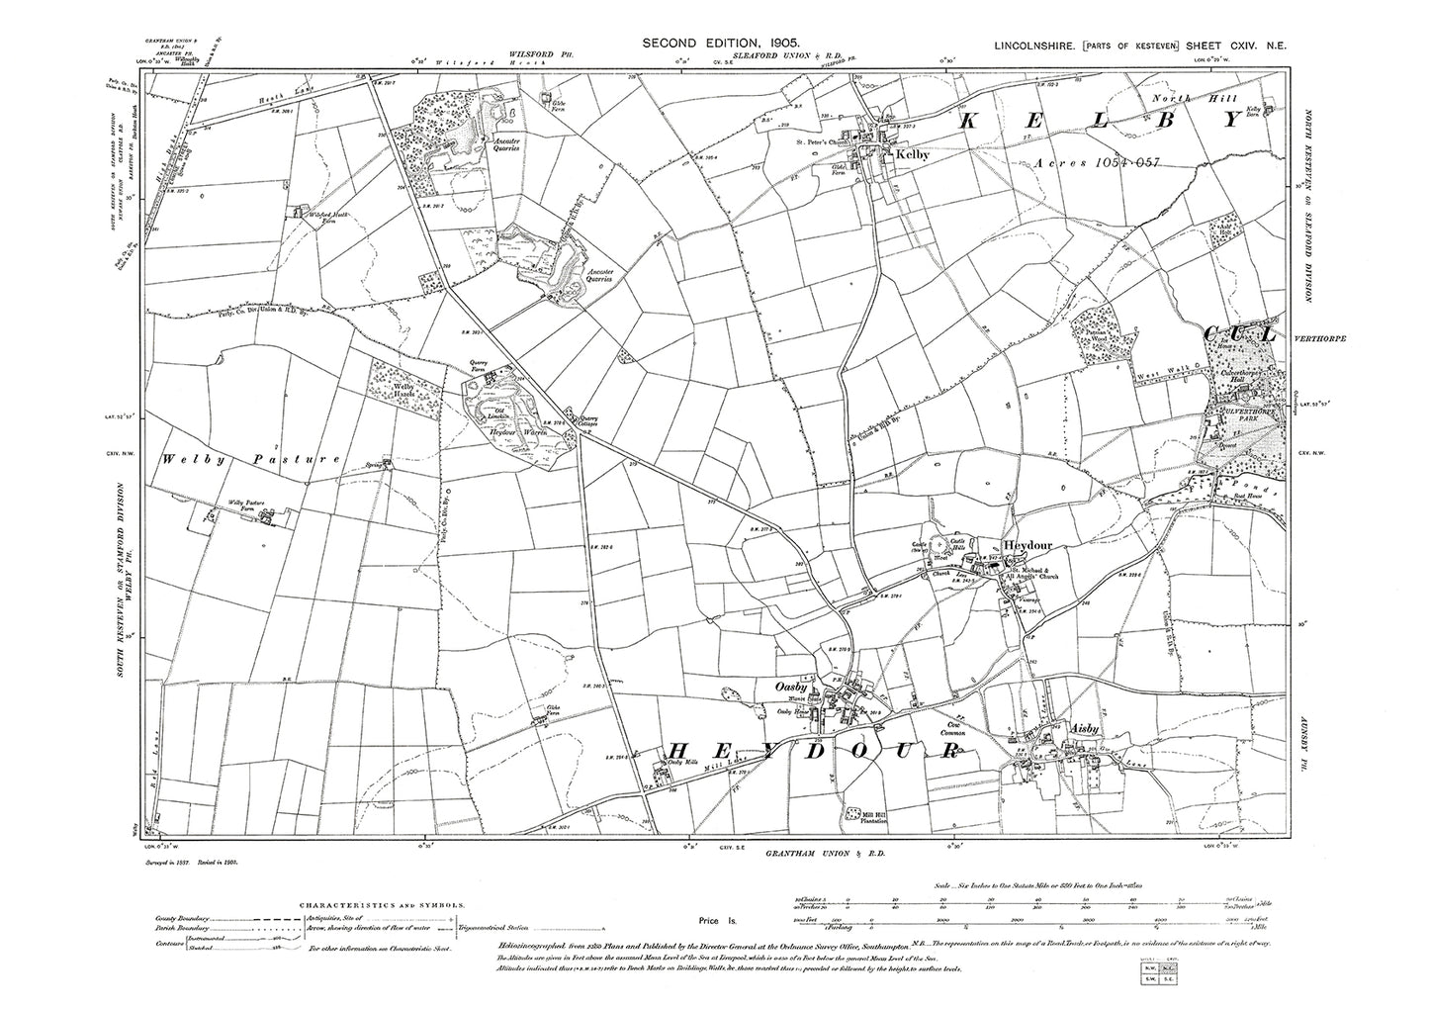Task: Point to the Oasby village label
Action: (793, 686)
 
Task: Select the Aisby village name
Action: (1085, 729)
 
